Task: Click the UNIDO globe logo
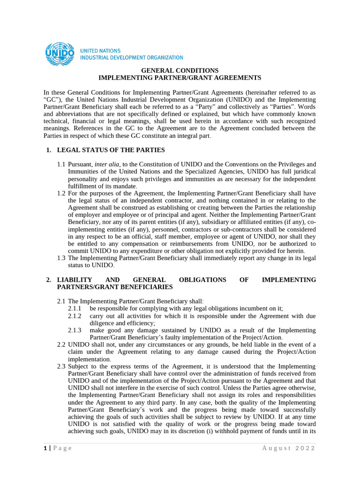click(x=59, y=54)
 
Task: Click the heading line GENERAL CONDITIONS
click(x=180, y=70)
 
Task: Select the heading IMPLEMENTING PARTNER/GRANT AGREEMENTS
click(x=180, y=77)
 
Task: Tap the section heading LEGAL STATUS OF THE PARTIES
click(x=111, y=150)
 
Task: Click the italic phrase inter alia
click(x=106, y=164)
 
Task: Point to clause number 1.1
click(x=61, y=164)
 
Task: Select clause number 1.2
click(x=61, y=193)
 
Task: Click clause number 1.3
click(x=61, y=258)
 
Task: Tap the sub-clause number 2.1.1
click(x=75, y=308)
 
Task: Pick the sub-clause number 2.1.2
click(x=75, y=316)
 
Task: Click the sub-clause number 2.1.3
click(x=75, y=330)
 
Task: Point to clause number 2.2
click(x=61, y=345)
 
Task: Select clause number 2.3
click(x=61, y=366)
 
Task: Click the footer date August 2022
click(x=288, y=448)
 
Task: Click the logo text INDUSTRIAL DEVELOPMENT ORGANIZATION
click(x=132, y=58)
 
